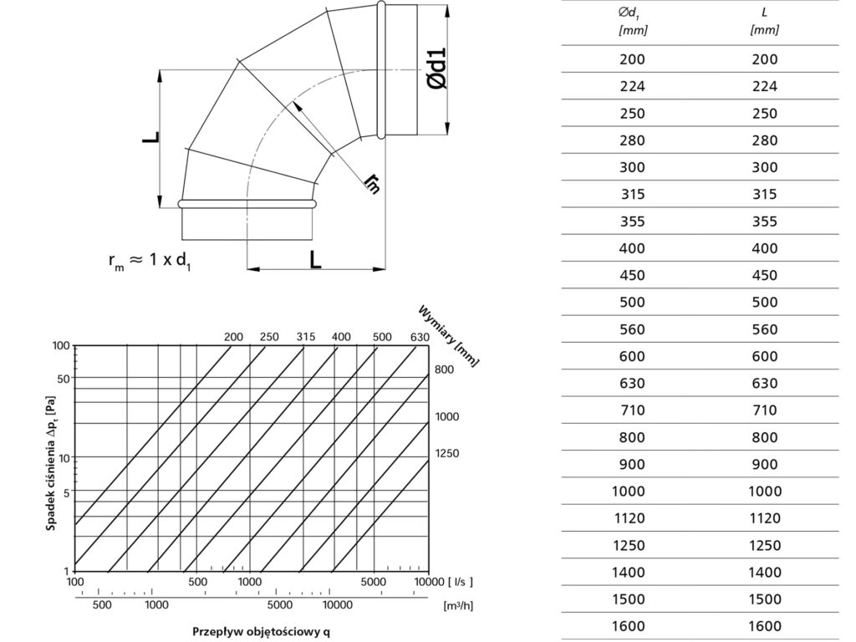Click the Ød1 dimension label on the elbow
(x=437, y=69)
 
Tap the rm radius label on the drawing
(x=373, y=183)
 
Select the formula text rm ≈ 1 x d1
(x=150, y=261)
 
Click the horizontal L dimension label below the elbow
(x=315, y=260)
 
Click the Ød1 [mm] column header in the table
(x=633, y=21)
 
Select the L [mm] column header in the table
(x=764, y=21)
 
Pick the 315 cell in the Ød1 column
(x=633, y=194)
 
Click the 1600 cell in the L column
(x=765, y=626)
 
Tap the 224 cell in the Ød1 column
(x=632, y=86)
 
